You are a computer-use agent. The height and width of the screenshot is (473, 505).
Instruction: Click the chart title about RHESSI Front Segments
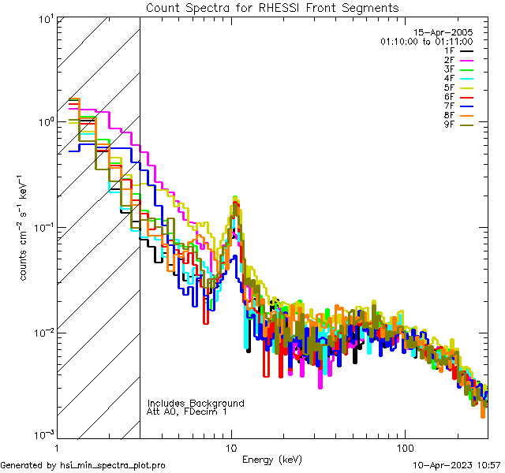coord(272,7)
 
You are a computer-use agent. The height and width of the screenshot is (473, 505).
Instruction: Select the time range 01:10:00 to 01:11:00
coord(426,41)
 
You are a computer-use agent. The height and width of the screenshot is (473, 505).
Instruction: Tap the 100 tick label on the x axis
coord(404,447)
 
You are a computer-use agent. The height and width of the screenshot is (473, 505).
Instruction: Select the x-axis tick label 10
coord(231,447)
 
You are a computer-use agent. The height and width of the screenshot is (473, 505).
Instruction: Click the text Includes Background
coord(196,404)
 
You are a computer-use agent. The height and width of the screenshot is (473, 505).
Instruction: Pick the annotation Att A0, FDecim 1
coord(187,412)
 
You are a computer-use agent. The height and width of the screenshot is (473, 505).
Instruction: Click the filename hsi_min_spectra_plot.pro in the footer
coord(113,466)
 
